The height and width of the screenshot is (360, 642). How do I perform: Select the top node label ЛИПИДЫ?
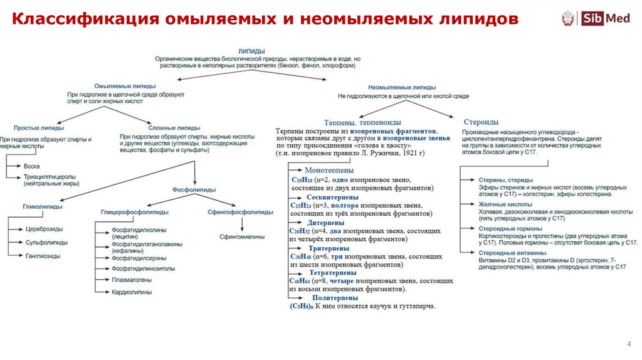click(251, 50)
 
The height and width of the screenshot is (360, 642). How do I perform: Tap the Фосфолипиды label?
click(194, 189)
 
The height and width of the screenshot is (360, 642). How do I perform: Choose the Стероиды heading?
click(481, 122)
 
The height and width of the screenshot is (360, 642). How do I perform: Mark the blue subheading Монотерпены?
click(329, 170)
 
